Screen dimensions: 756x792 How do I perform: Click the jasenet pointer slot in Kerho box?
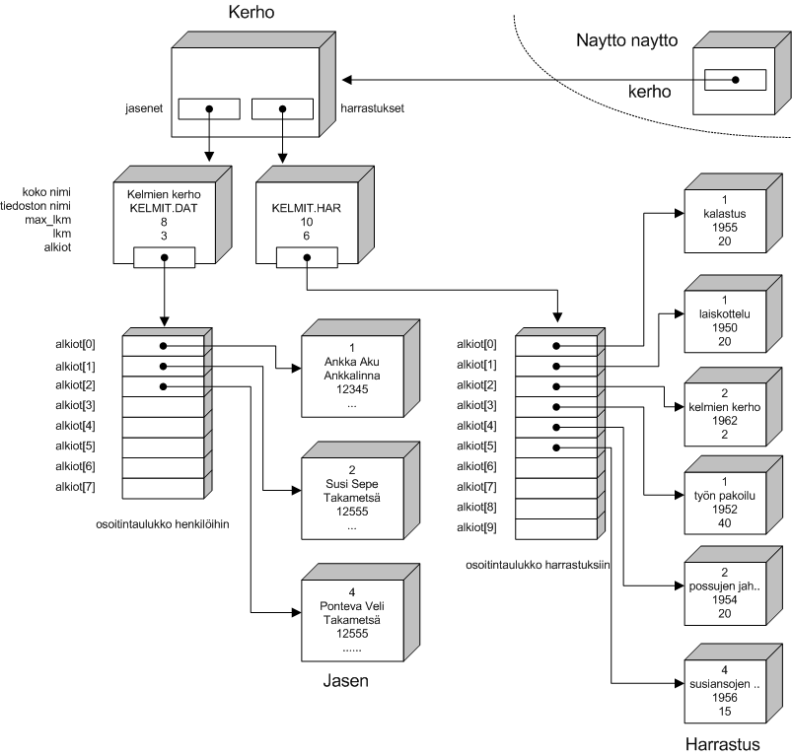coord(208,107)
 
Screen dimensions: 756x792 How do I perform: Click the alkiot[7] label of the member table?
coord(75,486)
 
